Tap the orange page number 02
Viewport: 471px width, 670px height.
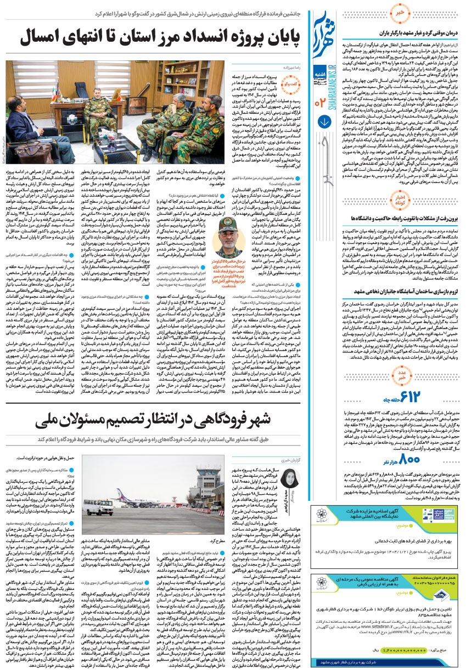pyautogui.click(x=321, y=102)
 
